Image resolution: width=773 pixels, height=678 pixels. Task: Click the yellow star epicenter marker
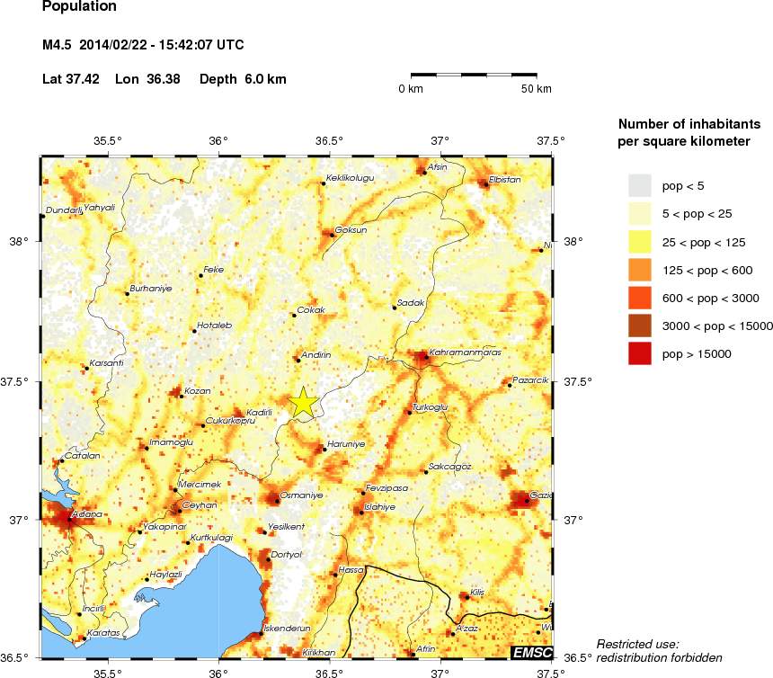coord(303,402)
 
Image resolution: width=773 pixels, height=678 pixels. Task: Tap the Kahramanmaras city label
coord(464,352)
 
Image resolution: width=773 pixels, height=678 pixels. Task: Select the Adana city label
coord(87,514)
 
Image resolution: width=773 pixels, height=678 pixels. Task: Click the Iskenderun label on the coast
coord(287,628)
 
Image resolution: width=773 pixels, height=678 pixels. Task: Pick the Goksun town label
coord(351,230)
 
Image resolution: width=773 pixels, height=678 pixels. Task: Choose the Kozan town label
coord(197,391)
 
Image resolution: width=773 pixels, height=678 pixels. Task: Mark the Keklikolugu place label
coord(350,178)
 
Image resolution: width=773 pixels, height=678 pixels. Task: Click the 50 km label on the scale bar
coord(538,89)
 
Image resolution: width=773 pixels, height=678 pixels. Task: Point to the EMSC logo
coord(530,652)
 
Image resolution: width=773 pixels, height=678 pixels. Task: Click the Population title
coord(79,7)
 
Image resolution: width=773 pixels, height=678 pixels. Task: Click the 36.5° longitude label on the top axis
coord(329,140)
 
